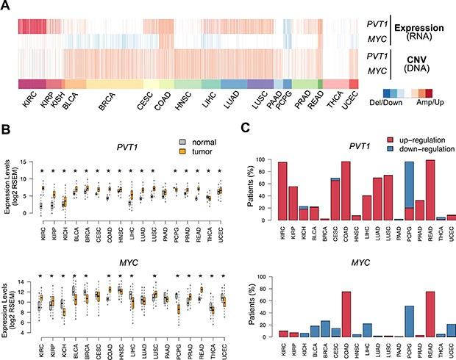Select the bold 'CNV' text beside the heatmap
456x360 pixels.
point(403,56)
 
